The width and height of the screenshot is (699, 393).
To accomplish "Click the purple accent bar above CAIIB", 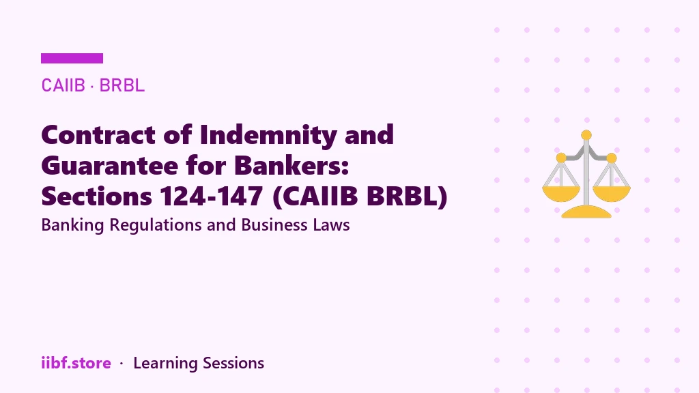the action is click(72, 59).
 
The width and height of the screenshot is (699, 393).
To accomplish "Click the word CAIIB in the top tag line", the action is click(63, 85).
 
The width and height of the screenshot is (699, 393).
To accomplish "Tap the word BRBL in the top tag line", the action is click(122, 85).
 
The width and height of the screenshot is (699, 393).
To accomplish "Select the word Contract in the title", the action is click(98, 134).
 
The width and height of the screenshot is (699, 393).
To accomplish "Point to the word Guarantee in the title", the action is click(110, 166).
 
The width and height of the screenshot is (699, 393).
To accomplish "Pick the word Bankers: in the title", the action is click(291, 166).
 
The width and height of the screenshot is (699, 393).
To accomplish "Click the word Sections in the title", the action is click(97, 196).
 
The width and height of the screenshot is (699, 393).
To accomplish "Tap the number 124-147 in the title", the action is click(212, 196).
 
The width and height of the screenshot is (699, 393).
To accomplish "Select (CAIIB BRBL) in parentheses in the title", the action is click(360, 197).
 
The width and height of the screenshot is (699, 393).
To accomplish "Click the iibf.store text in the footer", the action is click(76, 363).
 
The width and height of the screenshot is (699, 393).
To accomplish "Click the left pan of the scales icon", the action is click(561, 194).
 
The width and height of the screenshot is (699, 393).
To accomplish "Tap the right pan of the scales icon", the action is click(612, 194).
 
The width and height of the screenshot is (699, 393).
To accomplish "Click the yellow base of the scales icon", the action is click(586, 212).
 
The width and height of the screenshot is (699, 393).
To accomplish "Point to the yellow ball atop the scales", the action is click(586, 135).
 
